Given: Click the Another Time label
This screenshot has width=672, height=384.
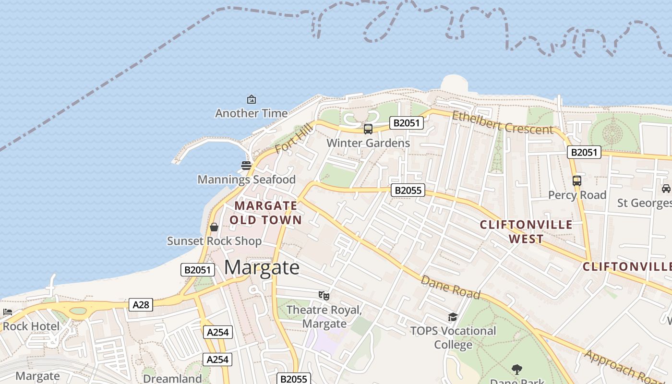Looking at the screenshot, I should pos(251,113).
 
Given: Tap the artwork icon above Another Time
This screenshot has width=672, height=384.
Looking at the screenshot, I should pos(251,99).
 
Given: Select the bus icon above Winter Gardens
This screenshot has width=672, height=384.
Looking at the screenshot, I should pos(368,129).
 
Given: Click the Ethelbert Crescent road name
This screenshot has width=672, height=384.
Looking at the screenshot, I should pos(503,122).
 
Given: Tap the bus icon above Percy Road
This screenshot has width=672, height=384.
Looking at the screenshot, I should pos(577,181).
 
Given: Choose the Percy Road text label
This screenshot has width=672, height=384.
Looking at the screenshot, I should pos(577,195).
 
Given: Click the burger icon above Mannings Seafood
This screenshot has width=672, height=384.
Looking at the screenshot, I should pos(246,166).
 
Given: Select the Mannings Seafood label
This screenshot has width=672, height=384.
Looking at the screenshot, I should pos(246,180).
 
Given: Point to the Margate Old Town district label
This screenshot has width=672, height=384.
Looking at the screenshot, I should pos(265,213).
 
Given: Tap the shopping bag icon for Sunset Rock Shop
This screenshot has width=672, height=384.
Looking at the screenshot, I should pos(214,227).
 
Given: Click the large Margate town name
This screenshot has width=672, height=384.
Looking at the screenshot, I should pos(262,267).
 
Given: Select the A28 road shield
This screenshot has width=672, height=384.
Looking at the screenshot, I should pos(141,304).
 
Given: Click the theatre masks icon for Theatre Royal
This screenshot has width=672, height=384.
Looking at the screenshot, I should pos(324,296).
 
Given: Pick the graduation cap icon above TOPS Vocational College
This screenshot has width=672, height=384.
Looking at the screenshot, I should pos(453,317).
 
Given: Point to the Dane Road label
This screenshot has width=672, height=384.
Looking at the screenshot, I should pos(450,287).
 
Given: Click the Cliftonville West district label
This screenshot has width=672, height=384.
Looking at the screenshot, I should pos(526,231).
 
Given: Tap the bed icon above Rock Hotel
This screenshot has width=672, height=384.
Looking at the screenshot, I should pos(8,312).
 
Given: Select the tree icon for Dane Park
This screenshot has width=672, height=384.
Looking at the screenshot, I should pos(517,369).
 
